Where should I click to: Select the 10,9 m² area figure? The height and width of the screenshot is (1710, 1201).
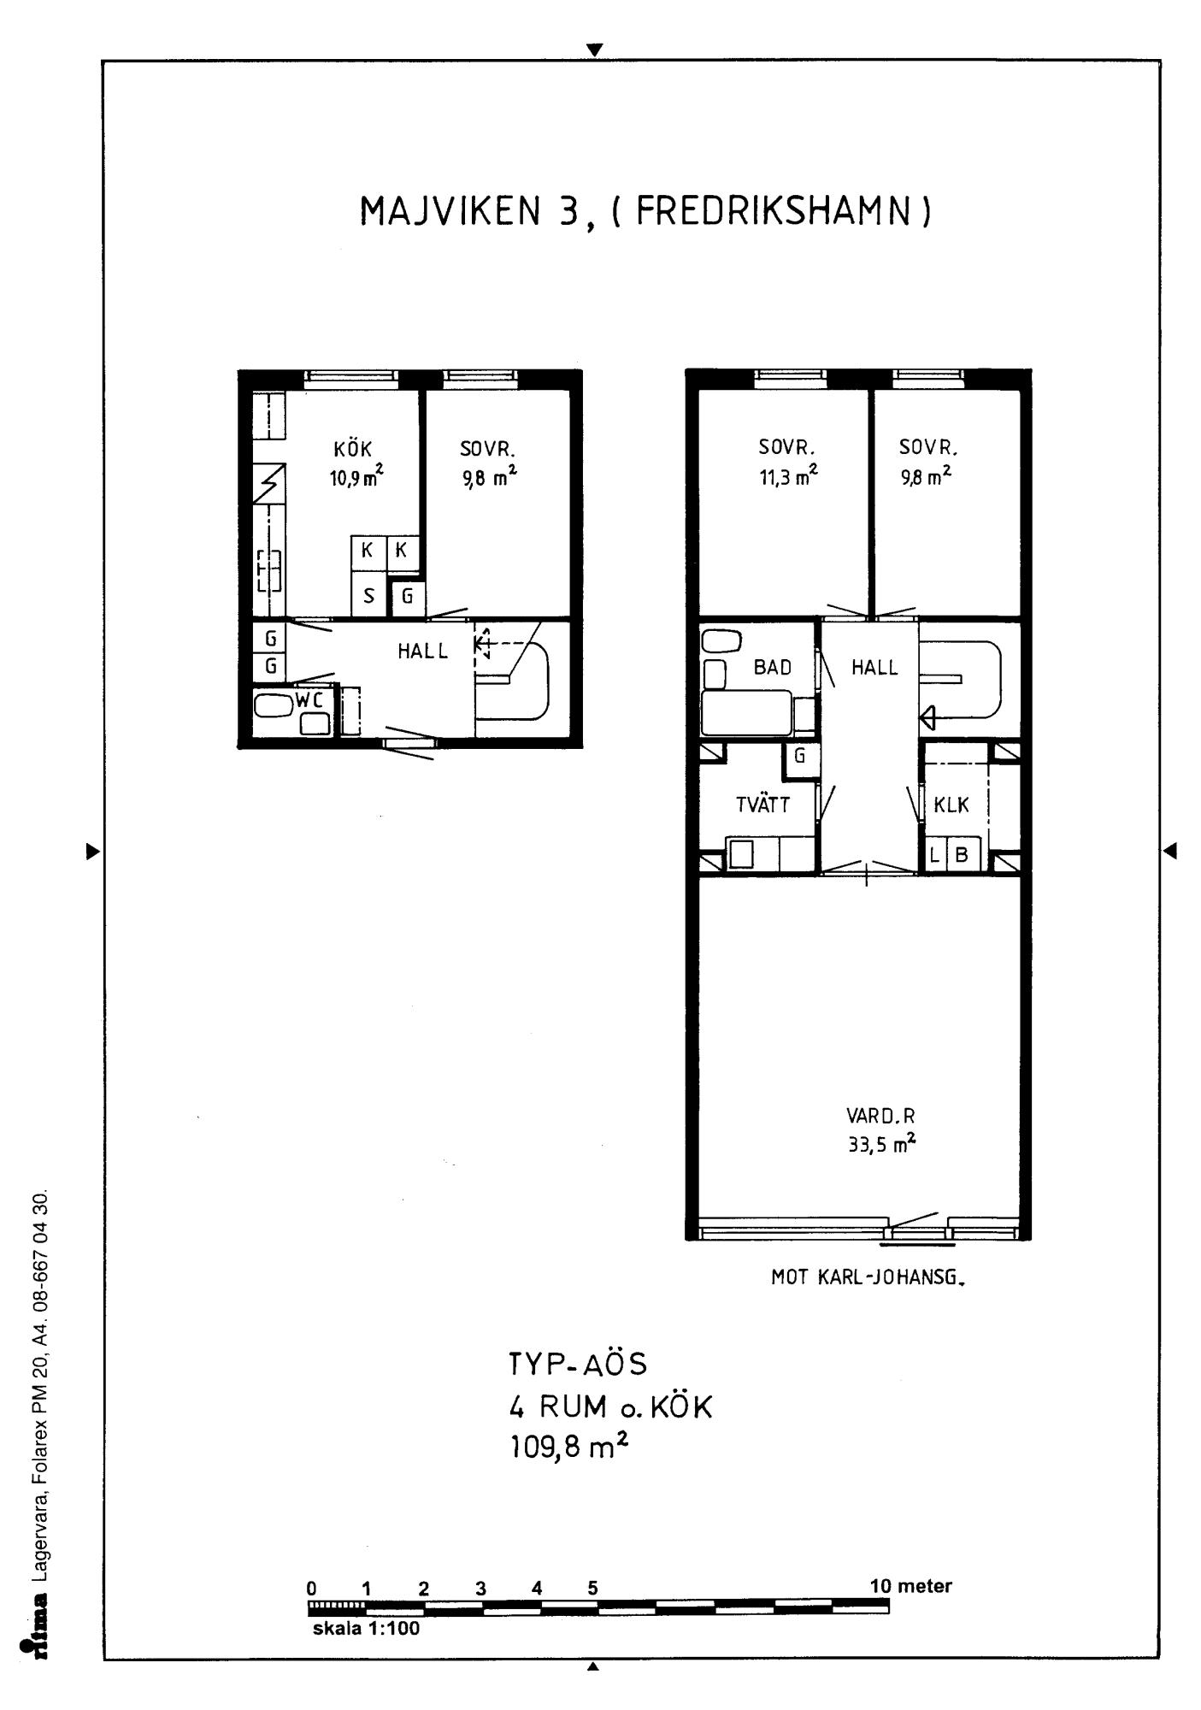(x=356, y=478)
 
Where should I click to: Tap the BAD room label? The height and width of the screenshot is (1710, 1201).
(x=773, y=668)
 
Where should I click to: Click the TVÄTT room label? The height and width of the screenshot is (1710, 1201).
(x=763, y=805)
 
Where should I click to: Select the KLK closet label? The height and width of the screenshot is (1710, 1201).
(x=951, y=805)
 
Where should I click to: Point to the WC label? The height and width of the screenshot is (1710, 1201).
(x=309, y=700)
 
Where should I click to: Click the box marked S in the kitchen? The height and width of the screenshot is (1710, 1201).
(x=368, y=594)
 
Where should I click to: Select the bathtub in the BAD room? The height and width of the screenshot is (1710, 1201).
(x=745, y=712)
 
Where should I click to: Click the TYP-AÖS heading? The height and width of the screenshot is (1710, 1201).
(x=579, y=1364)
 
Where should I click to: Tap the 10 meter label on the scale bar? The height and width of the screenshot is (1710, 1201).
(x=910, y=1586)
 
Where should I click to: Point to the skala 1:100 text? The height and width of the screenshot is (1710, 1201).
(x=367, y=1628)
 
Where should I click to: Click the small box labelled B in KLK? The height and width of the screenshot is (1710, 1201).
(x=963, y=854)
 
